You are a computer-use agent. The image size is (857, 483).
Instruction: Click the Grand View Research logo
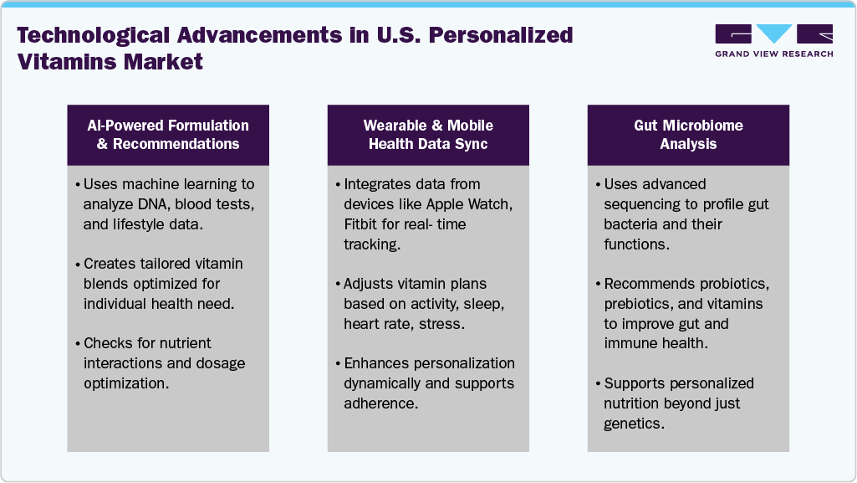(773, 40)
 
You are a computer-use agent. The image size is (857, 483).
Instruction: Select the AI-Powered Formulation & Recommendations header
(168, 135)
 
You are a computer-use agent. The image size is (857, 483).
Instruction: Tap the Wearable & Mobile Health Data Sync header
(428, 135)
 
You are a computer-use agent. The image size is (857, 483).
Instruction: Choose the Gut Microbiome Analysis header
(688, 135)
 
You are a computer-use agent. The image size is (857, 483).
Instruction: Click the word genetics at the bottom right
(631, 424)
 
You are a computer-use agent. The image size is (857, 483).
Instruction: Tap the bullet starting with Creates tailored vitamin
(163, 283)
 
